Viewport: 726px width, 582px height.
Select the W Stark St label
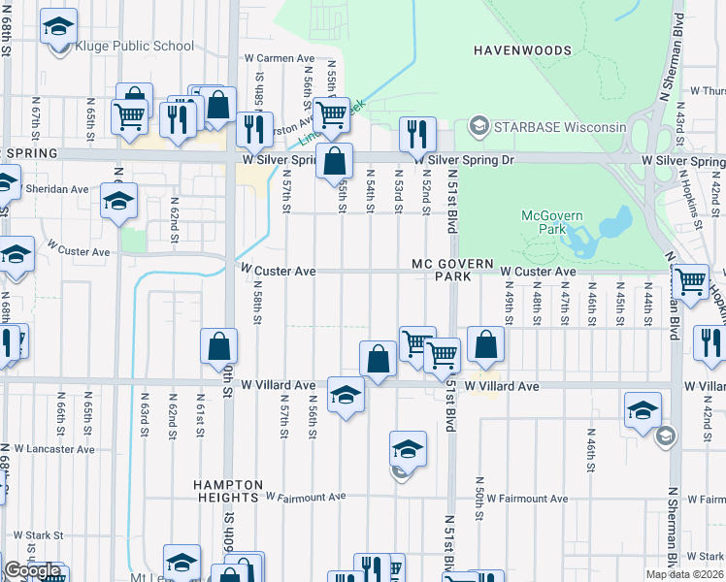(36, 534)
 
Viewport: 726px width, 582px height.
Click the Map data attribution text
(685, 574)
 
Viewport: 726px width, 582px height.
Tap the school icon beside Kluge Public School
(58, 26)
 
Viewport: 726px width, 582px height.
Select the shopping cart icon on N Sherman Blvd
(690, 281)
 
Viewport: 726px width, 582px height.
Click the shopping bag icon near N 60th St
(219, 346)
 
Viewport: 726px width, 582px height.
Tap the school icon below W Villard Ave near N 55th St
(346, 394)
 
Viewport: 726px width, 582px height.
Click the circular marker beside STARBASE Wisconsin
(478, 127)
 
